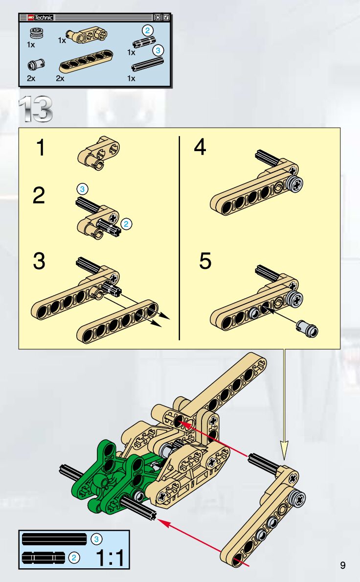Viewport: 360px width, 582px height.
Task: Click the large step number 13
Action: [36, 109]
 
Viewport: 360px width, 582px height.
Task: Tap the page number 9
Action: [342, 565]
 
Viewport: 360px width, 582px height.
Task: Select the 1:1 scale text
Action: [110, 557]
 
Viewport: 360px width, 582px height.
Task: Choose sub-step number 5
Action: [205, 261]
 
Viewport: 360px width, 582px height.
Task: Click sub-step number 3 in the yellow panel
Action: [39, 261]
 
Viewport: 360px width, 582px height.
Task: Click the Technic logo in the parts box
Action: [41, 18]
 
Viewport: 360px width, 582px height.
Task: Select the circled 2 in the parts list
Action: [147, 30]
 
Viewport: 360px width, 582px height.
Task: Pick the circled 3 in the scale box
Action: [96, 539]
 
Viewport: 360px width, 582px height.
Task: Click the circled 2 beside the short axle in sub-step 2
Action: [126, 224]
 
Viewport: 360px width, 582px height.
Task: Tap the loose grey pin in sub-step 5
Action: [307, 329]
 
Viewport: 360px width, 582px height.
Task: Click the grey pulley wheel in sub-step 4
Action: [295, 184]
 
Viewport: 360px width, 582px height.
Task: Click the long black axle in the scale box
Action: [54, 538]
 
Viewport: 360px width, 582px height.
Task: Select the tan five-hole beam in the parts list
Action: [86, 61]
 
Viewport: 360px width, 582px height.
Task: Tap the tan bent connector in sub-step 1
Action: [98, 153]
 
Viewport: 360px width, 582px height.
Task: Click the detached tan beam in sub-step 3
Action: [117, 321]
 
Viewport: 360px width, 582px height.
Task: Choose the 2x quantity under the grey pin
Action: [31, 78]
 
